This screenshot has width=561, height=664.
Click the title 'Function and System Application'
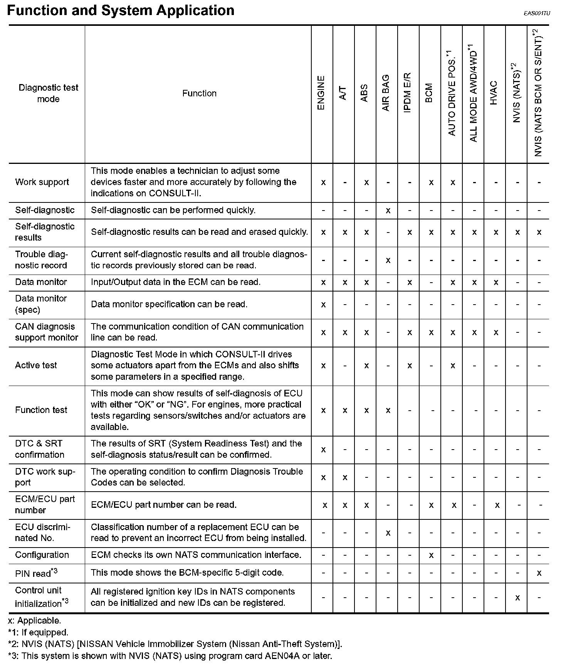coord(121,10)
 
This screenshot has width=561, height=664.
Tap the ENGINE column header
coord(321,93)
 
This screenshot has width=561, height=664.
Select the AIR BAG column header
coord(386,93)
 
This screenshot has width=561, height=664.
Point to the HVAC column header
coord(494,93)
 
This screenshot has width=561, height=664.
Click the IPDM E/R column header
coord(408,93)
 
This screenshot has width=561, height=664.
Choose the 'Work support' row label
coord(42,182)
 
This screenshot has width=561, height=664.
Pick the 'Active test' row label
coord(36,365)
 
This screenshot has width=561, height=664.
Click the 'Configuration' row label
coord(42,555)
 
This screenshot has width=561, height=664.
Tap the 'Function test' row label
coord(41,410)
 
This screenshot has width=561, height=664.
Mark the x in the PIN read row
coord(539,573)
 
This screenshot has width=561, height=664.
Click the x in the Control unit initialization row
coord(517,597)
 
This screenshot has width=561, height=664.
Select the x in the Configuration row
coord(431,555)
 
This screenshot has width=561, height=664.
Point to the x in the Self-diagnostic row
coord(388,210)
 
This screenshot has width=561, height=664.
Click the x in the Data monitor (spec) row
coord(323,305)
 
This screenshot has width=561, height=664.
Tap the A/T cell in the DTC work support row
coord(345,477)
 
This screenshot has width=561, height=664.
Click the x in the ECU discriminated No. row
coord(388,533)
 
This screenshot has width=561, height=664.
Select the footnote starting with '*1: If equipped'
coord(38,632)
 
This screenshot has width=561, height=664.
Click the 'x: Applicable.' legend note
coord(34,621)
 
